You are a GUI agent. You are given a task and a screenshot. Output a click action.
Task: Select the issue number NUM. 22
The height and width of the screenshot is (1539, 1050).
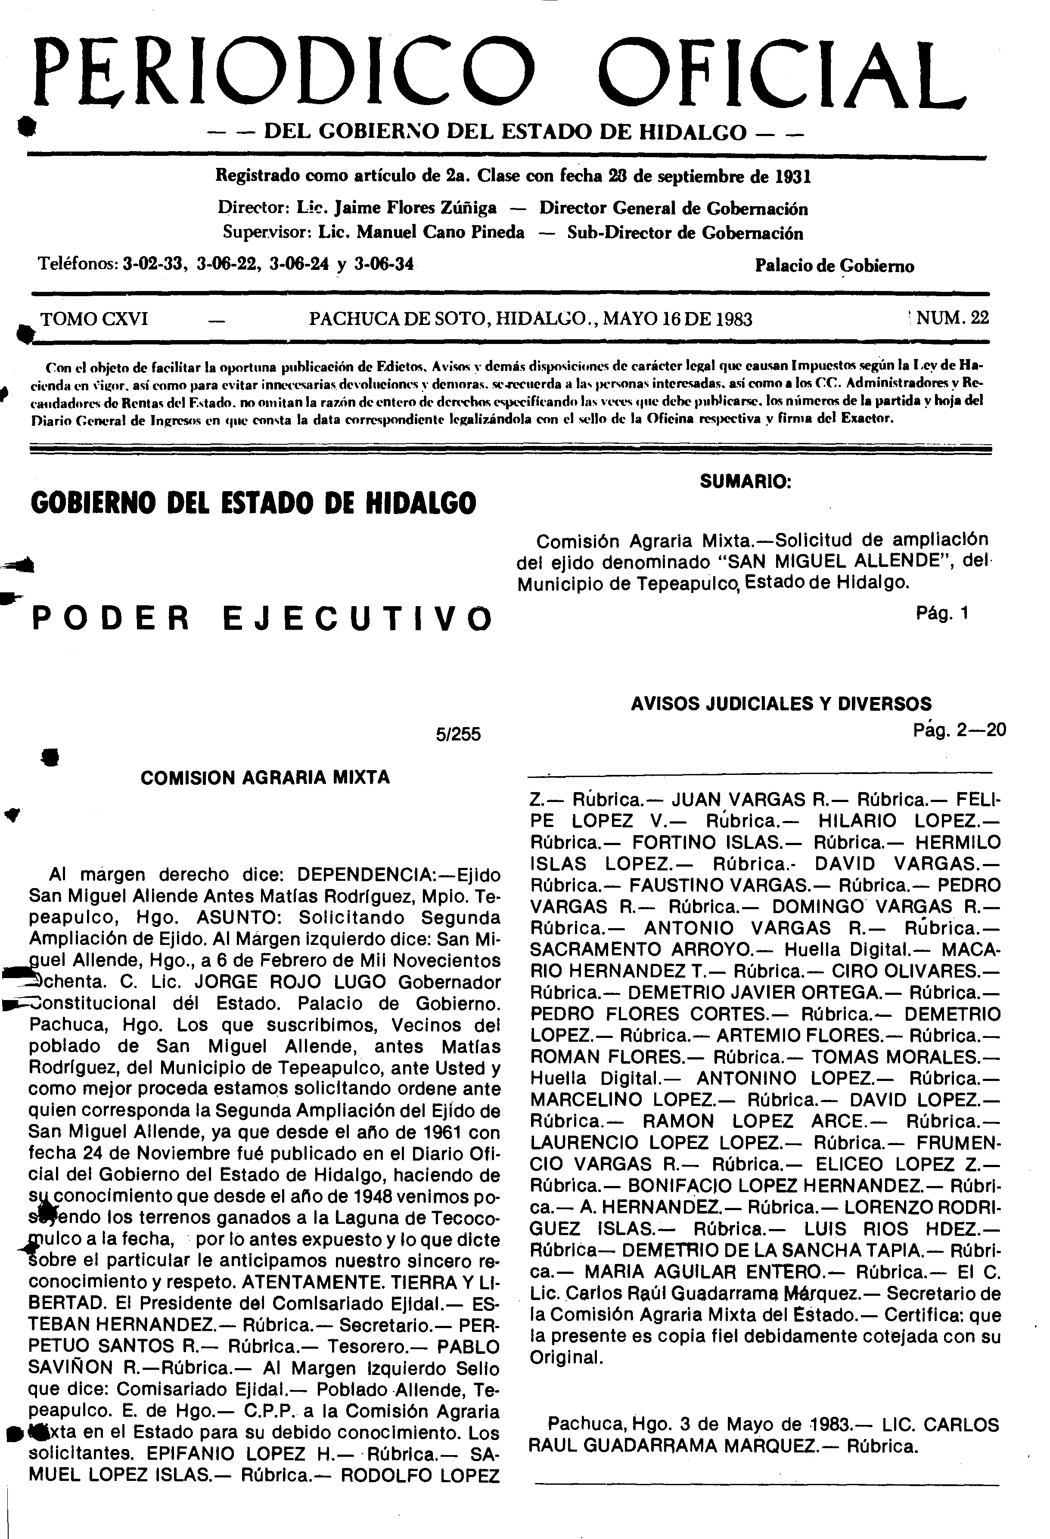click(x=952, y=319)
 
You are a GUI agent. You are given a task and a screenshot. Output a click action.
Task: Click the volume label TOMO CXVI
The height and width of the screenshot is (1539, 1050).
click(x=94, y=319)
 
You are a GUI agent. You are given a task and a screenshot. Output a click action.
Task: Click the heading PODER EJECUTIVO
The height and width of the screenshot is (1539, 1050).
click(x=263, y=619)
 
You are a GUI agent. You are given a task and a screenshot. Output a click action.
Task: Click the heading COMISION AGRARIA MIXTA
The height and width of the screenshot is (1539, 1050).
click(x=265, y=777)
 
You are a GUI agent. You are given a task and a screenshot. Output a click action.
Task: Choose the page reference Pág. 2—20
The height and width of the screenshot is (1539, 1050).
click(x=959, y=730)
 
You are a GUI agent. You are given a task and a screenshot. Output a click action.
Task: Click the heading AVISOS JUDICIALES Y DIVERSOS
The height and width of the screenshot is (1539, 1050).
click(x=781, y=703)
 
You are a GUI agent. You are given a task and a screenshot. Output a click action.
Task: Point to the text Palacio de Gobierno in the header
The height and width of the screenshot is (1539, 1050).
click(x=834, y=266)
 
